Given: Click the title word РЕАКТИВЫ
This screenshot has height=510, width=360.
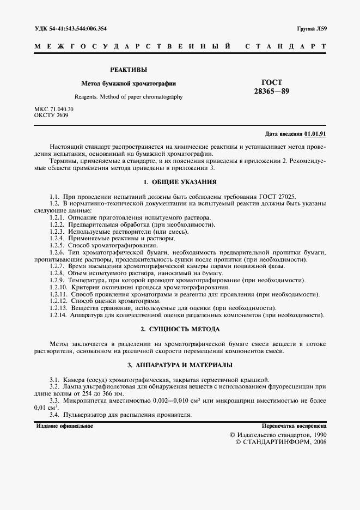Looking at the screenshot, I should tap(129, 70).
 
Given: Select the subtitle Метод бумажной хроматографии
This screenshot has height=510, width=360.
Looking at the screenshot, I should tap(129, 84).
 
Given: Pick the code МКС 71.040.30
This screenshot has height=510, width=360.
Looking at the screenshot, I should tap(54, 110).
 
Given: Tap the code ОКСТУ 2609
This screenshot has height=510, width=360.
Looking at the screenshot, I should tap(51, 116).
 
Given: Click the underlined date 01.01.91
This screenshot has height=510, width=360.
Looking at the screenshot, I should tap(315, 133).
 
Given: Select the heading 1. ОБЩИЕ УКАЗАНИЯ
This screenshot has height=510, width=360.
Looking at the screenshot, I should tap(180, 182).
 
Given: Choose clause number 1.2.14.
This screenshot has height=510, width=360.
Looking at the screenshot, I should tap(58, 315).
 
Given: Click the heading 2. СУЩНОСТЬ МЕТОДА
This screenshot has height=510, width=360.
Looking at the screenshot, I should tap(180, 330).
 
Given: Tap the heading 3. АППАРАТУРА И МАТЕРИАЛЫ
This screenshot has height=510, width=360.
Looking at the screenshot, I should tap(180, 365).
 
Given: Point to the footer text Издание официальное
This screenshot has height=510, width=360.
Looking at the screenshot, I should tap(64, 426).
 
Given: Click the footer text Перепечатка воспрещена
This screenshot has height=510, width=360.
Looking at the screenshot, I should tap(294, 426).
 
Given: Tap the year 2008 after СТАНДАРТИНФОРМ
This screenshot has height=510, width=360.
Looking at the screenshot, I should tap(317, 442).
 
